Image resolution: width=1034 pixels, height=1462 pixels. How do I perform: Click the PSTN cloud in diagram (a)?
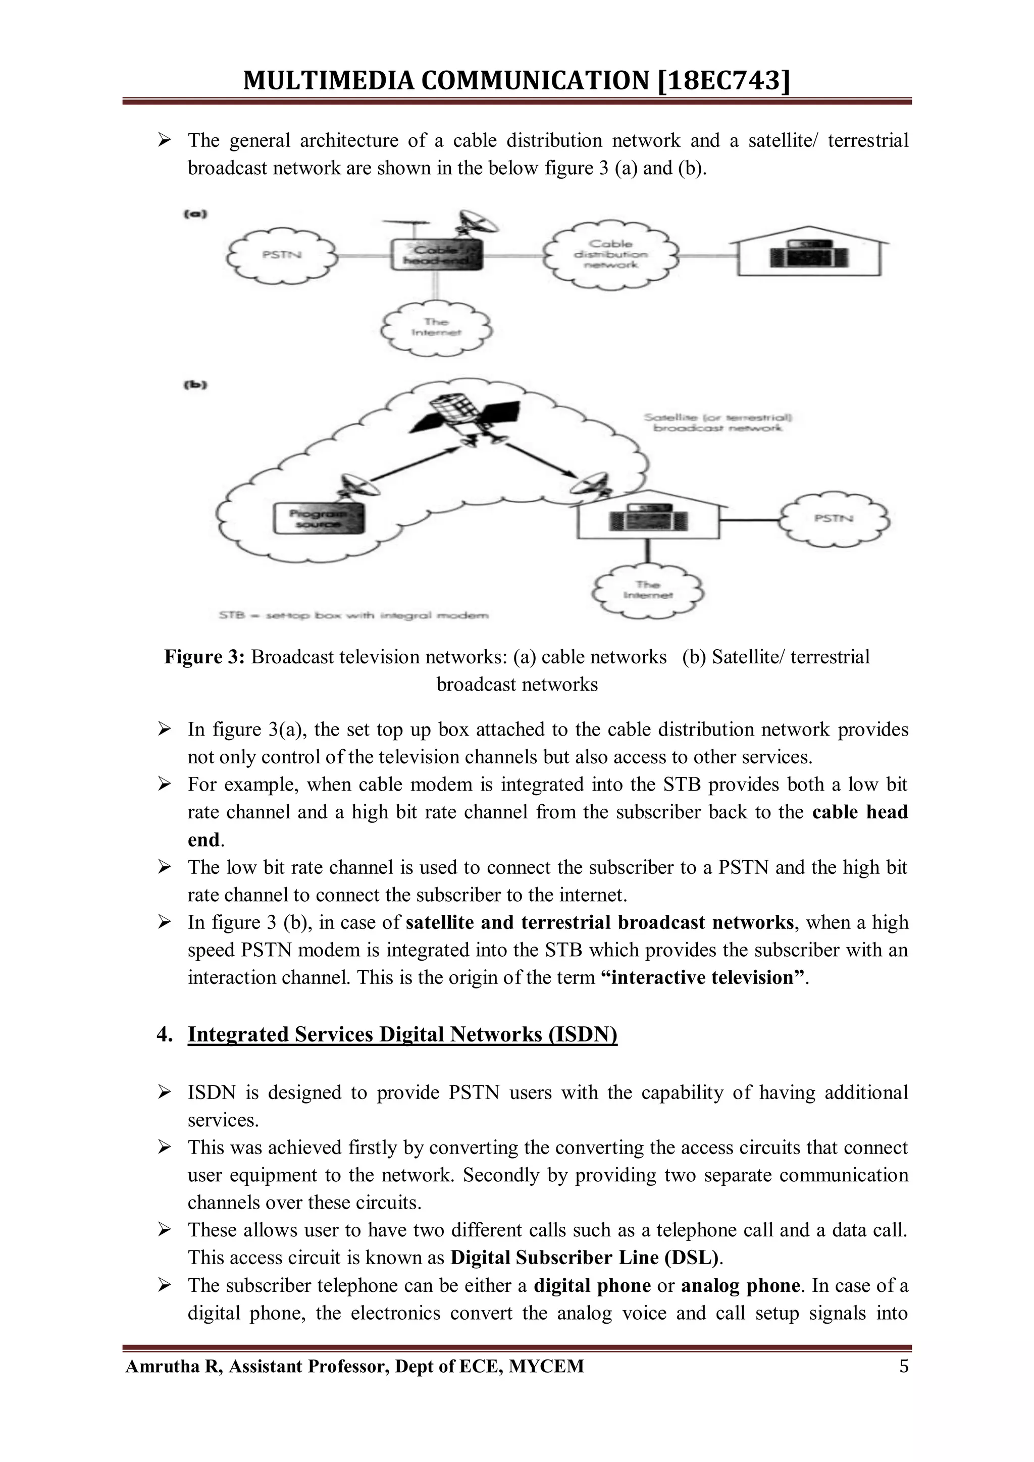(x=282, y=255)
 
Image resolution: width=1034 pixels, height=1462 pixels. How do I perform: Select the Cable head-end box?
(x=436, y=255)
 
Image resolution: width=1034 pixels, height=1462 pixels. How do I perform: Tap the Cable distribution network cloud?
(x=610, y=255)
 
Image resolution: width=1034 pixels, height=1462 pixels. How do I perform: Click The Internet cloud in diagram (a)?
(x=436, y=327)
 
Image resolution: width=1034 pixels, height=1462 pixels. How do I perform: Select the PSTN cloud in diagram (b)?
(x=834, y=518)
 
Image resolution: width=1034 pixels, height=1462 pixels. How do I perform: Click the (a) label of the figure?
(x=195, y=215)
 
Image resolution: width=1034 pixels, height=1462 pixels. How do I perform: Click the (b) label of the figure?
(x=195, y=385)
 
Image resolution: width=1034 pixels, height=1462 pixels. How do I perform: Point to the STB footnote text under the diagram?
(x=353, y=615)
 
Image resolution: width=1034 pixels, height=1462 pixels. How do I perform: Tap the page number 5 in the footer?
(x=903, y=1367)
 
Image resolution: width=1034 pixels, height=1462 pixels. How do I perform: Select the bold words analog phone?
(x=740, y=1286)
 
